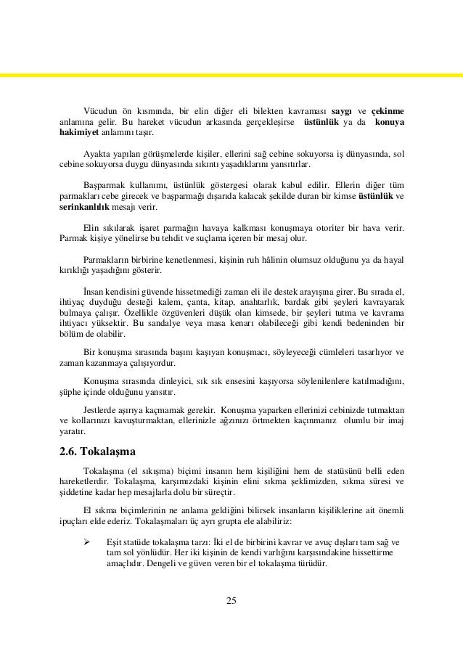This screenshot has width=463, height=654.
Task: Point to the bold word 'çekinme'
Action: [x=388, y=110]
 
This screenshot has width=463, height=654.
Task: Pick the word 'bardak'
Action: [x=305, y=301]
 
